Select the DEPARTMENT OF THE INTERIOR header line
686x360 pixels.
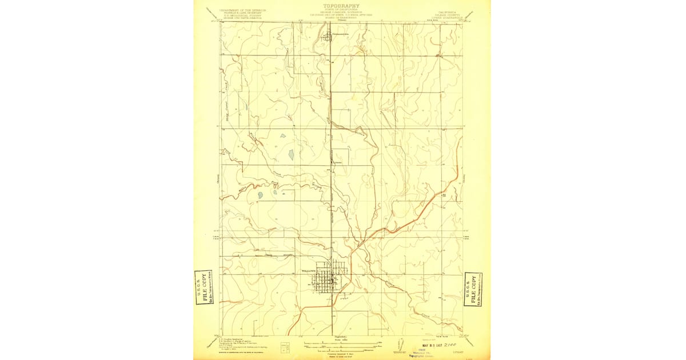[x=243, y=10]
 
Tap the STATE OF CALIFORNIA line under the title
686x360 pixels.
[x=342, y=10]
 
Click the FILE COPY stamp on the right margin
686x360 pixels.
[x=473, y=289]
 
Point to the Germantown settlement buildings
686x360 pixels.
[x=330, y=38]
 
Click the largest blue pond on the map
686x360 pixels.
[x=291, y=154]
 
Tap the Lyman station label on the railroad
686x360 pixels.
[x=338, y=162]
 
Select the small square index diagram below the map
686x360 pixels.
[x=285, y=347]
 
